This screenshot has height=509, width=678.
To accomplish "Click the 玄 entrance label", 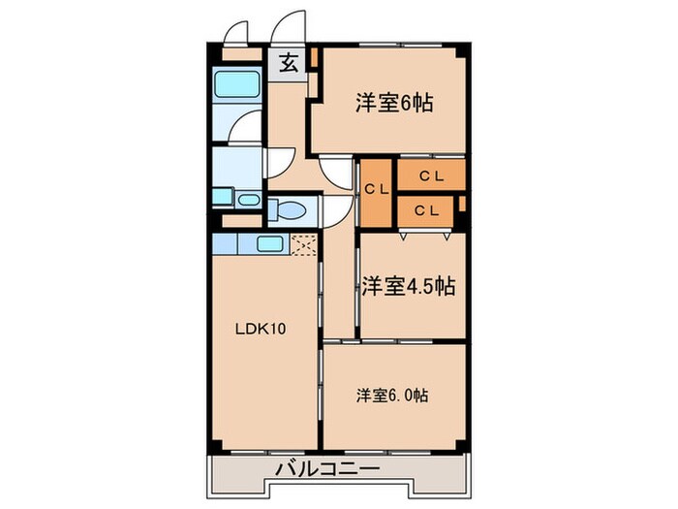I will tap(289, 64).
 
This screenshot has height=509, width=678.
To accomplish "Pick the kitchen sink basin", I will tap(270, 243).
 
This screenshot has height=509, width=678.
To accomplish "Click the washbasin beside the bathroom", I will tap(248, 200).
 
